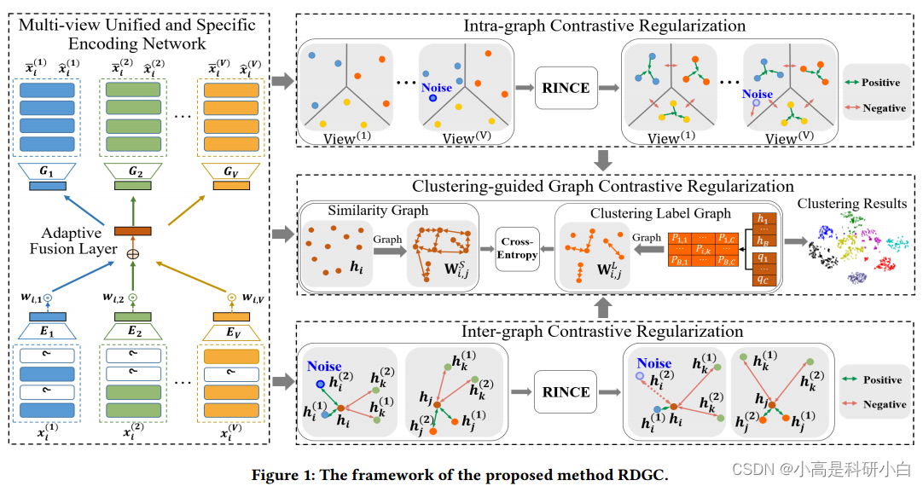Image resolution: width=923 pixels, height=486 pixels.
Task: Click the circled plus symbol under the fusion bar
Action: (x=133, y=254)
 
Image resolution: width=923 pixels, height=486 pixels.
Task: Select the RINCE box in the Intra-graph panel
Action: (x=566, y=87)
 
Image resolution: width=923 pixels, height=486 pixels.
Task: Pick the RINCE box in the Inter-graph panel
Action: (x=566, y=391)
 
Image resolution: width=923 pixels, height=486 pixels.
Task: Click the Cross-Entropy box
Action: (x=519, y=249)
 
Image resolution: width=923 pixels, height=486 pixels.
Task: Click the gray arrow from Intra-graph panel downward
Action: (x=604, y=159)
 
